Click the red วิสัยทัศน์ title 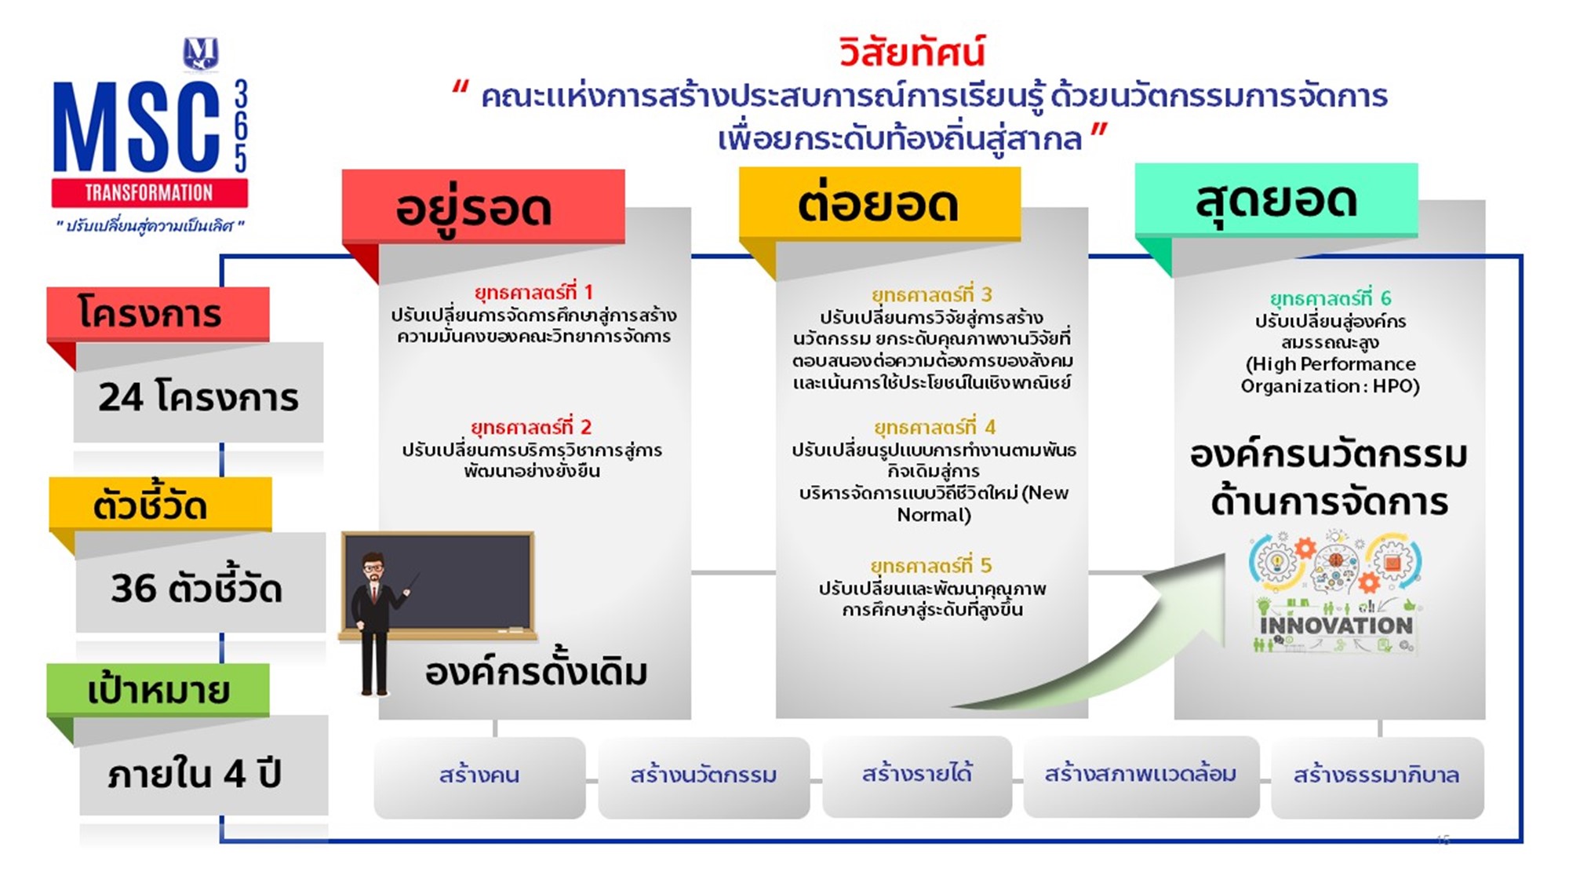click(x=911, y=52)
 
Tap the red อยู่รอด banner click(x=483, y=206)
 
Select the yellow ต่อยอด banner click(x=879, y=203)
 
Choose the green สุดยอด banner click(x=1276, y=199)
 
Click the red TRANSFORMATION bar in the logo click(x=149, y=192)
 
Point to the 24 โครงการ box click(x=198, y=396)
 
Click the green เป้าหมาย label click(x=158, y=690)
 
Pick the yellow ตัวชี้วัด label click(x=160, y=504)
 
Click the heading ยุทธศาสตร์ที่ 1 click(x=533, y=292)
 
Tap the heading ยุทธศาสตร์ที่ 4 click(x=934, y=427)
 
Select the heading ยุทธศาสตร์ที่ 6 click(x=1331, y=298)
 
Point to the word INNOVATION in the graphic click(x=1336, y=626)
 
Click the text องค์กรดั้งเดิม click(x=537, y=672)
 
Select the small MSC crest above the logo click(x=201, y=53)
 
